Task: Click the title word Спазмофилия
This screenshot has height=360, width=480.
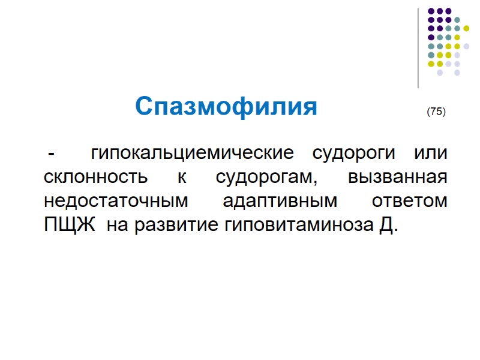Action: click(x=226, y=107)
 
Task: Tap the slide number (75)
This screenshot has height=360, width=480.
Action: click(x=436, y=112)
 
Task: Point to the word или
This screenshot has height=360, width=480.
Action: click(x=431, y=153)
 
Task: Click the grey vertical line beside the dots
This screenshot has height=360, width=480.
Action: click(x=418, y=48)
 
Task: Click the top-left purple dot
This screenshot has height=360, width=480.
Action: click(x=431, y=11)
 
